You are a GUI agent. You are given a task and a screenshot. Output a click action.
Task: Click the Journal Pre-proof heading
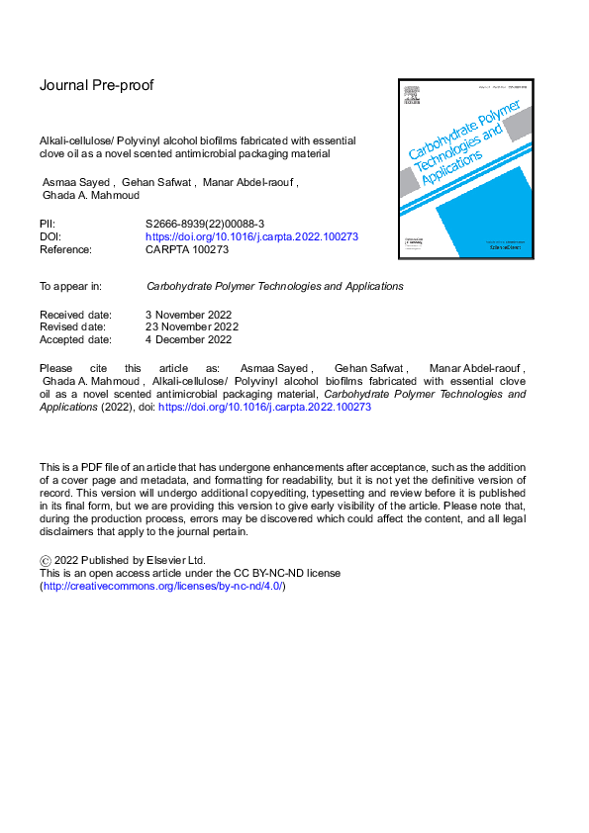[96, 85]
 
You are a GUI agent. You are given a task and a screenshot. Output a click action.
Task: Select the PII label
[48, 225]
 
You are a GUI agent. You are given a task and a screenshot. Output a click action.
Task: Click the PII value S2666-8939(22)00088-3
[203, 225]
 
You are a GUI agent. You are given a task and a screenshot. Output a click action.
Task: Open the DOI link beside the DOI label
[251, 237]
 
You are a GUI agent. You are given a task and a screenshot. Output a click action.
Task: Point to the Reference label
[65, 250]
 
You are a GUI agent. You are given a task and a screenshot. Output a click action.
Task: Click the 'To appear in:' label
[70, 286]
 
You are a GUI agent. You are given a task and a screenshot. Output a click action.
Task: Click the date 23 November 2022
[192, 326]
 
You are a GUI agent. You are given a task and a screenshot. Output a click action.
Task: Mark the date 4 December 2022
[188, 339]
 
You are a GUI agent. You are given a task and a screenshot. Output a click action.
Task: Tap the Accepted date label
[75, 339]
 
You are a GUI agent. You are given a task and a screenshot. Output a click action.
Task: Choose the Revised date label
[72, 326]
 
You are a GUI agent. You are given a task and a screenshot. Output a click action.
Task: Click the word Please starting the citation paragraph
[56, 368]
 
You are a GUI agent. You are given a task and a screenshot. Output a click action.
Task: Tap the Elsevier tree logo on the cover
[408, 100]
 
